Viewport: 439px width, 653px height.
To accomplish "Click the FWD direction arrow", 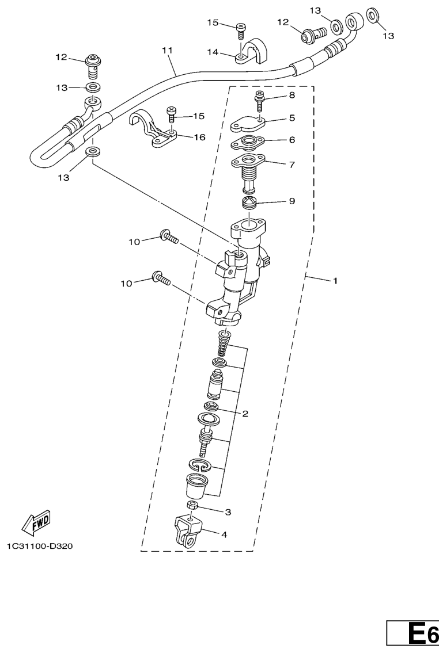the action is tap(36, 522).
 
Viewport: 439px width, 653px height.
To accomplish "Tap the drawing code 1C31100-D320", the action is tap(40, 545).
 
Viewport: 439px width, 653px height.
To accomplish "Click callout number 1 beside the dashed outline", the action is tap(334, 281).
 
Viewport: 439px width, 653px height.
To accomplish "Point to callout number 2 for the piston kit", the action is tap(245, 414).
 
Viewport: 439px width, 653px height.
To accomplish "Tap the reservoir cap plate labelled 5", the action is tap(249, 124).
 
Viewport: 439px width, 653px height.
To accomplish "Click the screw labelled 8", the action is tap(259, 100).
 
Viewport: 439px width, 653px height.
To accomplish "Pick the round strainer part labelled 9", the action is tap(249, 204).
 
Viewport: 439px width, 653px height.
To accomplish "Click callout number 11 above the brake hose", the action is tap(167, 51).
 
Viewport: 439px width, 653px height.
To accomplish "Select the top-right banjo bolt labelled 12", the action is tap(313, 34).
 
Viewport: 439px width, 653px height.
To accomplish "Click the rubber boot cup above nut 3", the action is tap(194, 486).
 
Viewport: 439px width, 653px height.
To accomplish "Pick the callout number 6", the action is tap(292, 140).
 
